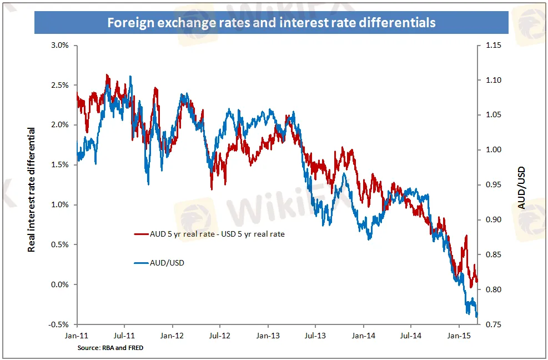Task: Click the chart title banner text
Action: coord(272,23)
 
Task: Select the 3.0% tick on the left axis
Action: coord(58,45)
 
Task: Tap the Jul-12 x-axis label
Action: coord(220,336)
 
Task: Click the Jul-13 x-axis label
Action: coord(315,336)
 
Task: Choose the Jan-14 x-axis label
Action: coord(363,336)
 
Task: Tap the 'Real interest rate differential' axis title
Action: coord(32,189)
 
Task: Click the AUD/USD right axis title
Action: coord(521,187)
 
